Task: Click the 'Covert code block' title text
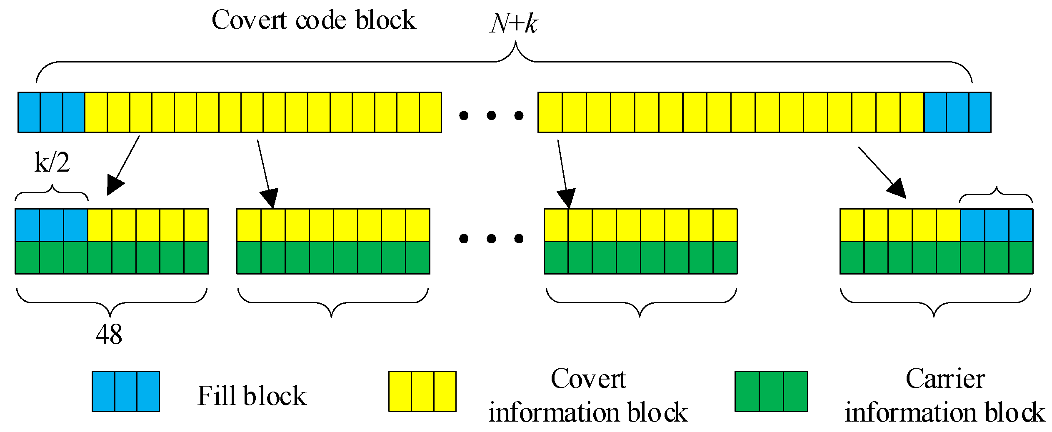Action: [x=313, y=20]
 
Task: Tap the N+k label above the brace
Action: [x=514, y=23]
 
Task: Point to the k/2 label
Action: [x=52, y=162]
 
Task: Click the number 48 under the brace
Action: [x=109, y=334]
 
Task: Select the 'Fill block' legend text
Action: [x=252, y=395]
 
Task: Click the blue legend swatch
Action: [x=125, y=391]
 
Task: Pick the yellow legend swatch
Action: [x=422, y=391]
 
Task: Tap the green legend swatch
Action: [x=771, y=391]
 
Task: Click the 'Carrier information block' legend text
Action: [x=945, y=395]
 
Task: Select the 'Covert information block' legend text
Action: [x=588, y=395]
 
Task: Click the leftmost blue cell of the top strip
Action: [x=29, y=112]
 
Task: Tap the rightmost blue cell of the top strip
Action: [x=980, y=112]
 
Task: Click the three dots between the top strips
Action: [x=491, y=115]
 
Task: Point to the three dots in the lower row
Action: [x=491, y=239]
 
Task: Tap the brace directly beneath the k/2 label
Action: [x=52, y=192]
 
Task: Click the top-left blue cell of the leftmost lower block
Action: [x=27, y=225]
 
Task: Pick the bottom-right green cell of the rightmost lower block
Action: [x=1021, y=257]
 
